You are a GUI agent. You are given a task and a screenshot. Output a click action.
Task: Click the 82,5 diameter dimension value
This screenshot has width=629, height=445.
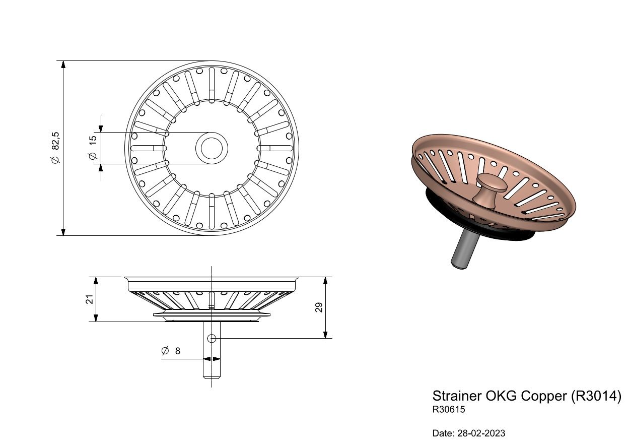(55, 148)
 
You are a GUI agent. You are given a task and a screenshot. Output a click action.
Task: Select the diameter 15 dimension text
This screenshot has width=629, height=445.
(92, 148)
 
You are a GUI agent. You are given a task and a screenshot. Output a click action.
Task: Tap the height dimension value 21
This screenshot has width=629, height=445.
(89, 299)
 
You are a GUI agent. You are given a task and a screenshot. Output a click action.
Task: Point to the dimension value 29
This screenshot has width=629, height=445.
(319, 307)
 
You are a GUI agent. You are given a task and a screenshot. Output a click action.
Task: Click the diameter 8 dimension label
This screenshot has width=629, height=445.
(171, 351)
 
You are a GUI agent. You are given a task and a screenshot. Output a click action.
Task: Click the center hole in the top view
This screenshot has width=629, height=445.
(212, 148)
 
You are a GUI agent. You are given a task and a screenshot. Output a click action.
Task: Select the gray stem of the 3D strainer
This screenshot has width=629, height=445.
(464, 248)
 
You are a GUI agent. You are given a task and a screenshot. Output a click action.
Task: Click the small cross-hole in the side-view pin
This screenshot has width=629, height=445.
(212, 339)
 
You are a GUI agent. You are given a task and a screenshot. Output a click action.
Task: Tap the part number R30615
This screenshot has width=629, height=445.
(449, 409)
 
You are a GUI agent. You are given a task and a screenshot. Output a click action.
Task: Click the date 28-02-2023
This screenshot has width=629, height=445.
(481, 433)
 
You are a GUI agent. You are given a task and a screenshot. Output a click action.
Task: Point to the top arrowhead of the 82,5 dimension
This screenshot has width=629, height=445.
(63, 64)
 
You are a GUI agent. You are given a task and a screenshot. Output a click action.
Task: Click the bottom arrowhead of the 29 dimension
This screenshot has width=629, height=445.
(325, 335)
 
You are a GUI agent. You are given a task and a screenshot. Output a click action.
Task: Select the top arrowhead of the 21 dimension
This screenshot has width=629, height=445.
(96, 280)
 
